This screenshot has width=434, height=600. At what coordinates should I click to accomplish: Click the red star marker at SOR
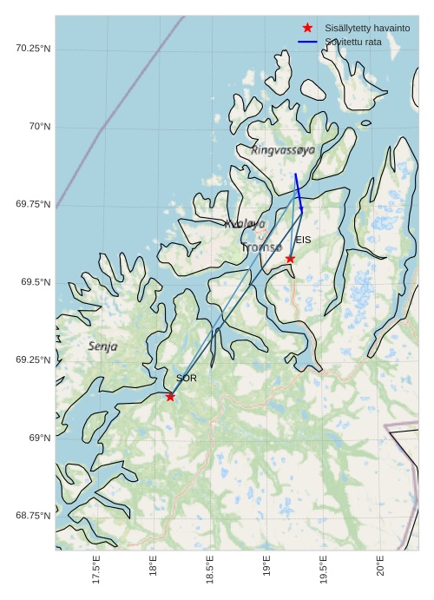170,397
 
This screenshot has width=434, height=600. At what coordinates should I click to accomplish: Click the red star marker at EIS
290,259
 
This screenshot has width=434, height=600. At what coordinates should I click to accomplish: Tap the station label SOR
187,379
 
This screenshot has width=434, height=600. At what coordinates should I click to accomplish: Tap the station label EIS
303,240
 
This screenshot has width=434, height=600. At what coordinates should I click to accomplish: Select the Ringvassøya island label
283,150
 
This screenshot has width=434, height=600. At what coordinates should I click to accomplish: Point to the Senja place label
102,346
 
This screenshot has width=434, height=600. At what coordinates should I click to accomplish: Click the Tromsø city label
262,247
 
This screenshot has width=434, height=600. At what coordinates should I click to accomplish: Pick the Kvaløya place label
245,224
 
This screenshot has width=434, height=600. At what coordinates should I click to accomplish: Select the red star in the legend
307,28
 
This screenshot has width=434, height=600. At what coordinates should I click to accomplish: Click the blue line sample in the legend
307,42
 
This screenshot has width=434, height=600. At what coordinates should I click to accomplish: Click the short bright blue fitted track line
299,192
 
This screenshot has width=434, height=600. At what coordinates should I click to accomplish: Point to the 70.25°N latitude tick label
33,48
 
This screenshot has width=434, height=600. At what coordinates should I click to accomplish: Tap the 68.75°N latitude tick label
33,516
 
